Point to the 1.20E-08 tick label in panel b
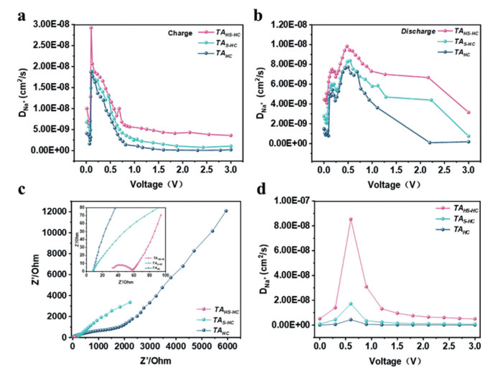coord(294,24)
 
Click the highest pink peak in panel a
coord(91,28)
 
